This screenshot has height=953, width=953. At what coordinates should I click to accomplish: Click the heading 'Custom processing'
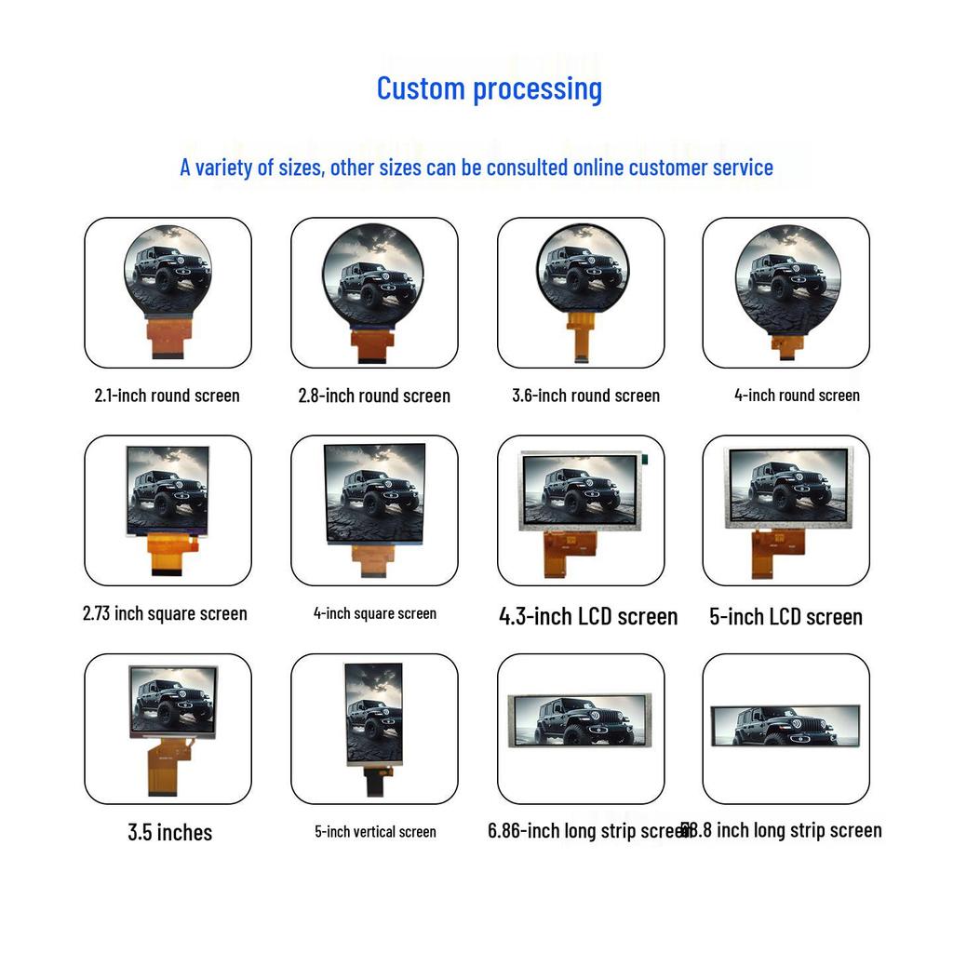click(x=489, y=88)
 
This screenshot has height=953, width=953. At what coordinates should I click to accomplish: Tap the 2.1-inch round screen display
click(x=168, y=271)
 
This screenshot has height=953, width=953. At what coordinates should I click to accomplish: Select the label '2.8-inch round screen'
click(x=374, y=396)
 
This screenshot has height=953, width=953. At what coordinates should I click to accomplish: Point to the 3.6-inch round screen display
click(x=582, y=268)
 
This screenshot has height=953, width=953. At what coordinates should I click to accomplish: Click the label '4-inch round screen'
click(x=797, y=395)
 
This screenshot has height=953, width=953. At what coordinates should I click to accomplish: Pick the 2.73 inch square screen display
click(x=168, y=490)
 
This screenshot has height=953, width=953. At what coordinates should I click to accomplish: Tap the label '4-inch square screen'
click(x=374, y=613)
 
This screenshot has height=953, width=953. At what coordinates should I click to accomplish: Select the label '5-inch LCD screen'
click(x=785, y=616)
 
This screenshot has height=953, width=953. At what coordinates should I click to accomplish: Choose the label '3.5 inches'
click(x=169, y=832)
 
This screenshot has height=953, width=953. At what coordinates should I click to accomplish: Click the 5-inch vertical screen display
click(x=374, y=713)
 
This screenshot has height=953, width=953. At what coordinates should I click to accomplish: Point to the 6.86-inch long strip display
click(x=582, y=721)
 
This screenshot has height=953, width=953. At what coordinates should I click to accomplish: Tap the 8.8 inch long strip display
click(x=785, y=725)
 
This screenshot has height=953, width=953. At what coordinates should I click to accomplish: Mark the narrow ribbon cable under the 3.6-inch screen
click(x=582, y=341)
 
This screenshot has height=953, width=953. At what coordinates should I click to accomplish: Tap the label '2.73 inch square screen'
click(x=165, y=613)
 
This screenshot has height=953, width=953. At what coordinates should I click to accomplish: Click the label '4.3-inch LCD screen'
click(x=588, y=616)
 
